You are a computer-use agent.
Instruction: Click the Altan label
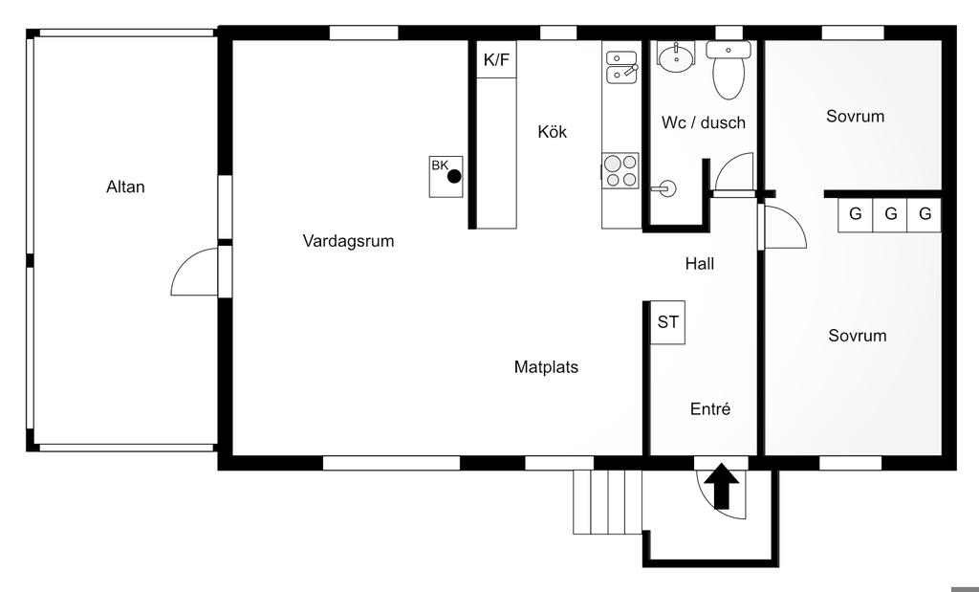point(125,187)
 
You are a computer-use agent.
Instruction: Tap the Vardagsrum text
point(348,241)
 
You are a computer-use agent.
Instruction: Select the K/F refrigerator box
point(497,60)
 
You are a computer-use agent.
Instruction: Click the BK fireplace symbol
point(446,176)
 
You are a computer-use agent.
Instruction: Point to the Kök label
point(552,132)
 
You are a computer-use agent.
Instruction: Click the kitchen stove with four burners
point(620,170)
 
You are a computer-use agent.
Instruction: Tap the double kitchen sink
point(621,64)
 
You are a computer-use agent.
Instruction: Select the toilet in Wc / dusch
point(729,71)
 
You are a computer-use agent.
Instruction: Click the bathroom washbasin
point(677,58)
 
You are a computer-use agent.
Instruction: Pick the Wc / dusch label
point(703,122)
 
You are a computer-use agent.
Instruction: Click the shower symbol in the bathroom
point(664,187)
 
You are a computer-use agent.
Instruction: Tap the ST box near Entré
point(667,322)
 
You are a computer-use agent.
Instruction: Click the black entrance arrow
point(722,486)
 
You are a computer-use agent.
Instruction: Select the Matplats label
point(546,366)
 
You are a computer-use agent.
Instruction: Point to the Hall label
point(699,264)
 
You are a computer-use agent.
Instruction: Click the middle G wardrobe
point(890,214)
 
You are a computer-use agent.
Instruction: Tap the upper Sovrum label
point(855,117)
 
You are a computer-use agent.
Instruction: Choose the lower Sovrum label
point(857,336)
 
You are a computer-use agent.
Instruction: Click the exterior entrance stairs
point(606,502)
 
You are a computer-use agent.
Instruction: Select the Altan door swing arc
point(194,274)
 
